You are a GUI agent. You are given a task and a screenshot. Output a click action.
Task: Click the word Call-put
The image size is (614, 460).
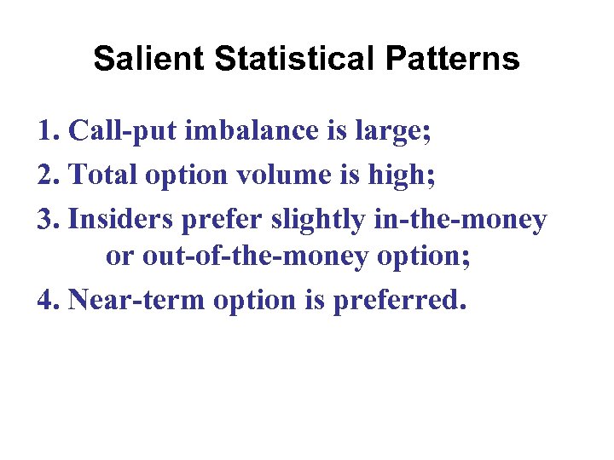119,132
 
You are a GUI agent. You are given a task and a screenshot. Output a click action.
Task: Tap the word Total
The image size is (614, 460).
105,175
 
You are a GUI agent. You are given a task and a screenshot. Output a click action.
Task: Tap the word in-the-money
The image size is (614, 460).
461,221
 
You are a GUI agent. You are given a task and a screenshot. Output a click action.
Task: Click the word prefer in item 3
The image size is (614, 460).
224,221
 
